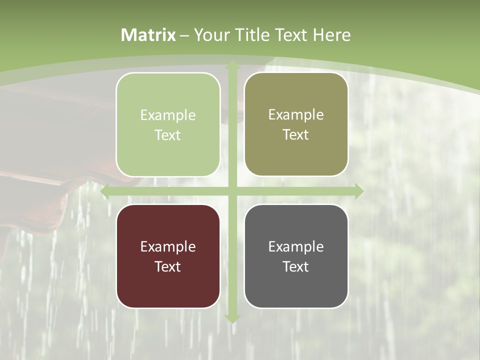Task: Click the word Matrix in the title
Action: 148,35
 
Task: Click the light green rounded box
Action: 168,124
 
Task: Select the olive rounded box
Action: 296,124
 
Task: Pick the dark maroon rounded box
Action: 168,256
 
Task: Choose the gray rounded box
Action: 296,256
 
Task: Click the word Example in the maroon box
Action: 168,246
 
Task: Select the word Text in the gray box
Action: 296,266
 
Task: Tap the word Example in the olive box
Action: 296,114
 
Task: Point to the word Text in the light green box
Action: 168,135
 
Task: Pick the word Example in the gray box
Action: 296,246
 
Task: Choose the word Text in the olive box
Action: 296,134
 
